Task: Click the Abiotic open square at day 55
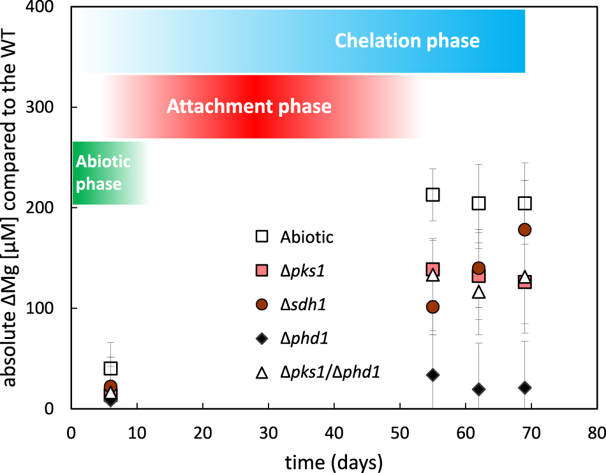click(x=432, y=195)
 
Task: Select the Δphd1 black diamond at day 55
click(x=432, y=375)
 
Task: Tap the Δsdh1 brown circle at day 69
click(x=525, y=229)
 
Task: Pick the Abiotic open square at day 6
click(x=110, y=368)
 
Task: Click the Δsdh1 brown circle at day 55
click(x=432, y=307)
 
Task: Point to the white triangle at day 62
click(x=478, y=292)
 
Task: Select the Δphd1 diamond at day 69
click(x=525, y=387)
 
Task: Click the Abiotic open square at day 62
click(x=478, y=203)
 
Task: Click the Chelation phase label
click(x=407, y=41)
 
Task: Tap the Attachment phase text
click(x=249, y=106)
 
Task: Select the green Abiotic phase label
click(x=102, y=173)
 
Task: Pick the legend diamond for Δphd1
click(x=261, y=338)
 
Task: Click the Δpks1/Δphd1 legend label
click(x=330, y=372)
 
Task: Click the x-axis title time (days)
click(x=333, y=460)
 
